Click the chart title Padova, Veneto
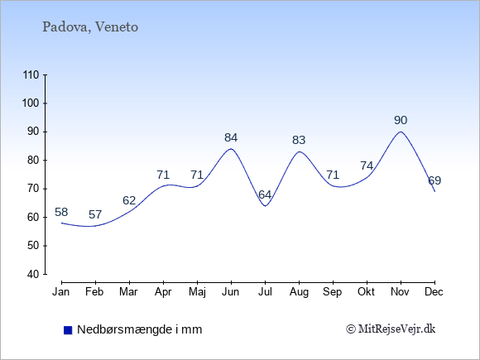click(90, 27)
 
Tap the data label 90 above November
click(401, 120)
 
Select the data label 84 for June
click(231, 137)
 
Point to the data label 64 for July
click(265, 194)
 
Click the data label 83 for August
click(299, 140)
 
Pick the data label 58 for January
click(61, 212)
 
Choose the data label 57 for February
click(95, 214)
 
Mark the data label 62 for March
click(129, 200)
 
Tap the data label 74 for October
click(367, 166)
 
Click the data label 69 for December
click(434, 180)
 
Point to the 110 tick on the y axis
click(31, 74)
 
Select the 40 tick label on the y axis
click(33, 274)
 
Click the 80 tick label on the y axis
click(33, 160)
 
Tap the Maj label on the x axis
click(197, 292)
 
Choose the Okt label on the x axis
click(366, 292)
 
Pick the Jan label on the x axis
click(61, 292)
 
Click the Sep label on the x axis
click(333, 292)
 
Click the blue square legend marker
click(68, 330)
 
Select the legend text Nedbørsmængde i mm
click(140, 329)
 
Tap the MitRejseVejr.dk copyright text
click(391, 329)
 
